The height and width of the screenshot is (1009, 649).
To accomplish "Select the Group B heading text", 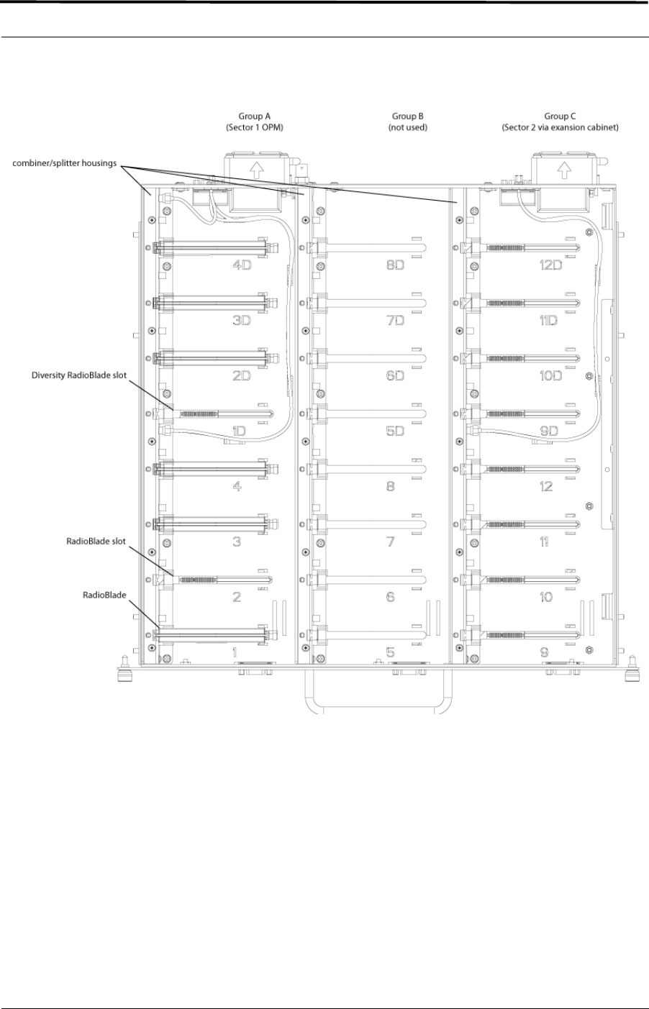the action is (409, 115).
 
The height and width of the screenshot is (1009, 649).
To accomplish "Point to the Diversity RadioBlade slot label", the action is (79, 375).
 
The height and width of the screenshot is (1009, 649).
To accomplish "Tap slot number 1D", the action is (240, 431).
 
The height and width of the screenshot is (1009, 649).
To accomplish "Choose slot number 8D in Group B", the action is (395, 265).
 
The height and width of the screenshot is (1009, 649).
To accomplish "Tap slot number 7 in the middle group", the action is (391, 542).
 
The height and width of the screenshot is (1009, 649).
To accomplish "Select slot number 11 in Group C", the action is (546, 542).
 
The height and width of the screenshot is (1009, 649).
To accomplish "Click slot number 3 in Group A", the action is (237, 542).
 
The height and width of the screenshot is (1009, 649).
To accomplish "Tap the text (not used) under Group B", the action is (409, 127).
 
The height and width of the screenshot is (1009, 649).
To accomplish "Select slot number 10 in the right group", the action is (546, 597).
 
